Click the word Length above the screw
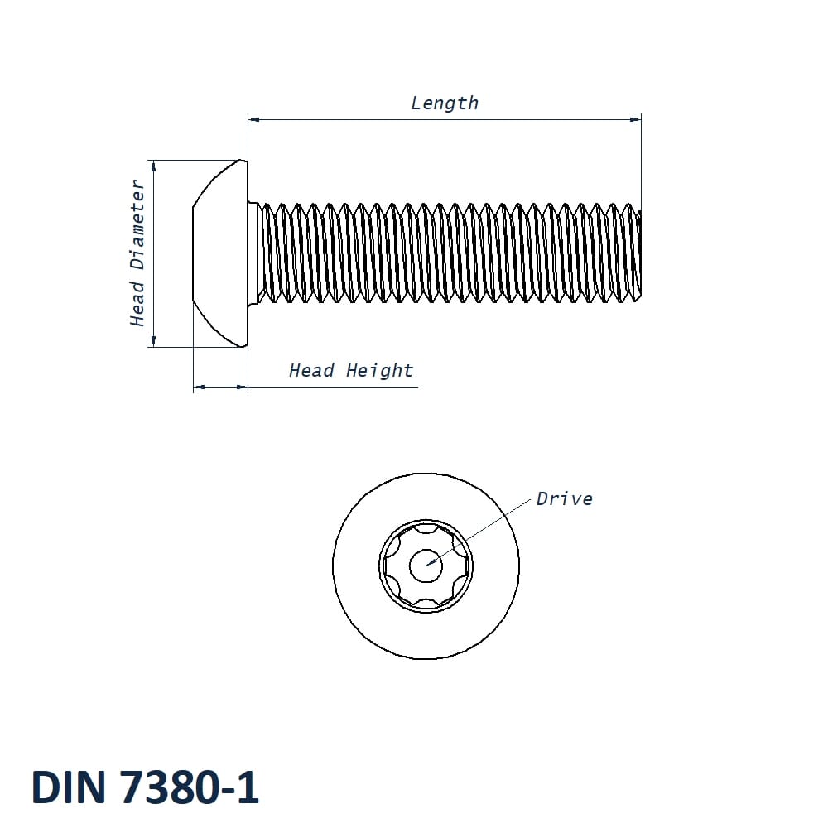445,103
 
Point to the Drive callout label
564,498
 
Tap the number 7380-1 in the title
190,787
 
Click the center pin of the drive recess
426,566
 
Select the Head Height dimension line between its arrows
220,387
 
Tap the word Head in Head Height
311,371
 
